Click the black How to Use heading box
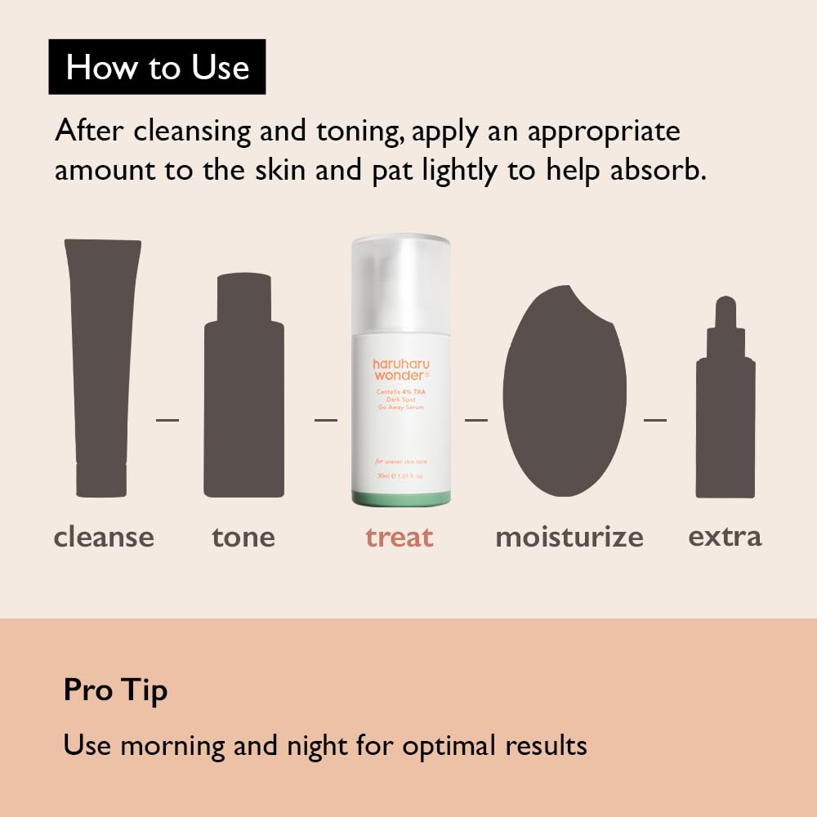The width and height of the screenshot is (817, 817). click(x=157, y=66)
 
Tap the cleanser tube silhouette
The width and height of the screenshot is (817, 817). click(x=102, y=368)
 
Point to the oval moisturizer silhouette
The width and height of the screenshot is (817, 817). click(x=565, y=392)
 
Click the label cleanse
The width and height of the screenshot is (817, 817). click(x=104, y=537)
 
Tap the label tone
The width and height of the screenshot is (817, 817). click(x=243, y=537)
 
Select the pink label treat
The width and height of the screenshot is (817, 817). click(x=400, y=537)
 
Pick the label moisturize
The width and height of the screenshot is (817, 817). click(x=569, y=537)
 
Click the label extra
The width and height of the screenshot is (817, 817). click(x=725, y=537)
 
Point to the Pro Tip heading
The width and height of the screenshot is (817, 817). click(x=115, y=691)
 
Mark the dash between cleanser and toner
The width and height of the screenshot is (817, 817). click(x=167, y=420)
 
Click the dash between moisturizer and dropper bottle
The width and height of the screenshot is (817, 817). click(x=654, y=420)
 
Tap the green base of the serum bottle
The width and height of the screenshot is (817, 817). click(x=400, y=498)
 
